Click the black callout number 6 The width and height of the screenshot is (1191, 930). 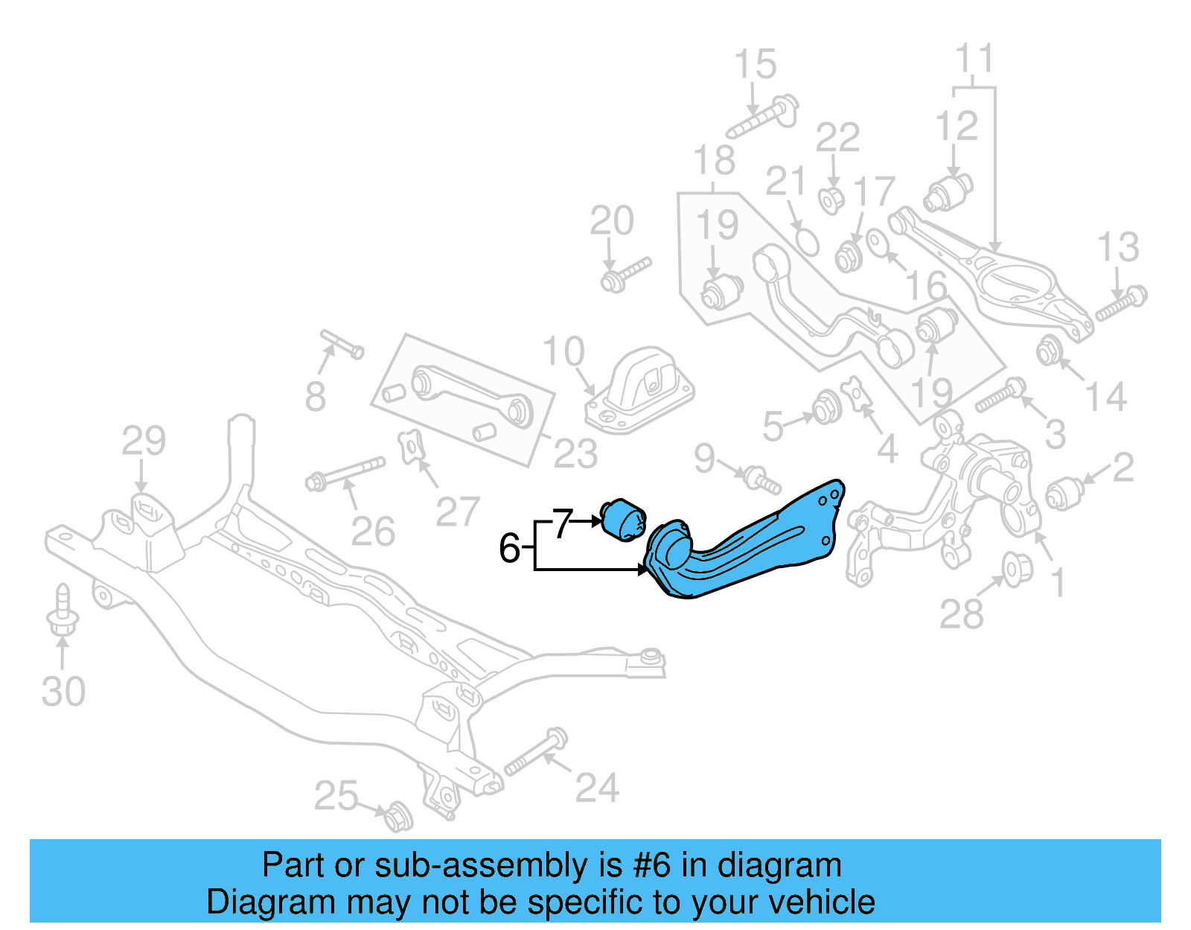[x=509, y=549]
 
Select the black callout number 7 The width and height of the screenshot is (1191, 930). [x=563, y=523]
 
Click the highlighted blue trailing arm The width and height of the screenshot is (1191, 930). [x=752, y=548]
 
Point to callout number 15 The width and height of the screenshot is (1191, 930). [x=755, y=65]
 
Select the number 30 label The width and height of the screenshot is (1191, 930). [x=63, y=692]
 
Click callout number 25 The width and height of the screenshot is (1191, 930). [x=336, y=796]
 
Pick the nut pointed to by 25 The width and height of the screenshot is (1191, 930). [x=397, y=816]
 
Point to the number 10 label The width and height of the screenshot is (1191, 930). [x=563, y=351]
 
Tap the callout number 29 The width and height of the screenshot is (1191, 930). [x=143, y=441]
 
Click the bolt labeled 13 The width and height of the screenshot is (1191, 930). [x=1121, y=303]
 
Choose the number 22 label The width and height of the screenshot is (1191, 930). [x=837, y=138]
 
